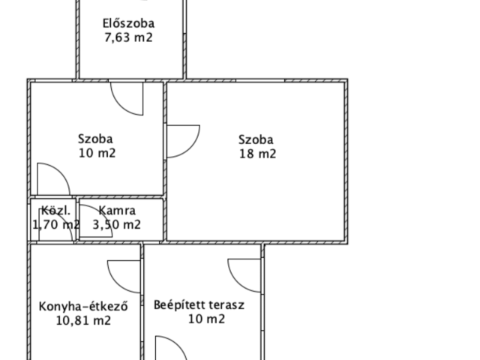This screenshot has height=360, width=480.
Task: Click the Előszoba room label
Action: [x=128, y=23]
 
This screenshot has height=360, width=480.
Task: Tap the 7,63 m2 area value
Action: [x=128, y=37]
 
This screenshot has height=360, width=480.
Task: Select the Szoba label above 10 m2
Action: [x=95, y=139]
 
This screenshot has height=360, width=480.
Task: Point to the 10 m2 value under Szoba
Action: [x=97, y=153]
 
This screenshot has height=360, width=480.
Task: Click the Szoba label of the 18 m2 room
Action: [x=256, y=139]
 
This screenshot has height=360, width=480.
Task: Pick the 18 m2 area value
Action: [x=257, y=154]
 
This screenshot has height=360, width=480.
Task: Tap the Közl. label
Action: [x=55, y=211]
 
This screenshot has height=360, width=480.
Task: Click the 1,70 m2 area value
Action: [x=55, y=224]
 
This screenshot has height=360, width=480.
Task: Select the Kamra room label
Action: [x=117, y=211]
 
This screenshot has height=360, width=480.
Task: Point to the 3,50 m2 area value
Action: [x=116, y=224]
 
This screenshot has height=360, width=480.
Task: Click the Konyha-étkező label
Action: [x=84, y=306]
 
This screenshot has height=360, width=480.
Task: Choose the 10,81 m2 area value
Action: [x=84, y=320]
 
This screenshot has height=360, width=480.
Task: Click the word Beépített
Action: [x=175, y=305]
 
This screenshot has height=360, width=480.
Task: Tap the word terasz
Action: [x=226, y=305]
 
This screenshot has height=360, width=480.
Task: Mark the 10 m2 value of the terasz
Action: [x=206, y=319]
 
